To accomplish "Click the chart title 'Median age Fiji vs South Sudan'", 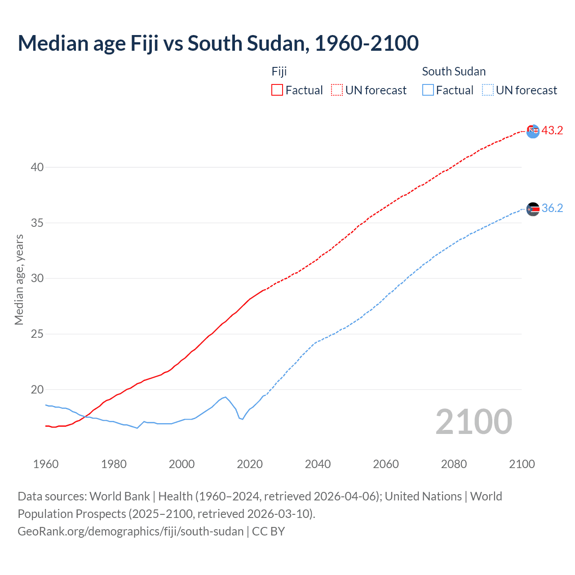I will pos(218,43).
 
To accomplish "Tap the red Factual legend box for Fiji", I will pos(277,90).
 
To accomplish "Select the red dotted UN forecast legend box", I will pos(337,90).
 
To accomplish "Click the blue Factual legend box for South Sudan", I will pos(428,90).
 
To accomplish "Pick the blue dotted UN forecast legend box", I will pos(488,90).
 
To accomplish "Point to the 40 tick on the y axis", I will pos(37,167).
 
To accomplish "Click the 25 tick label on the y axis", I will pos(37,334).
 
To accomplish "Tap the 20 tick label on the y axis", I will pos(37,389).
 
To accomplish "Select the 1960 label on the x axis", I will pos(46,464).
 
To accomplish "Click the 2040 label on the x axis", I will pos(318,464).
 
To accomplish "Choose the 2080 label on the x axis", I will pos(454,464).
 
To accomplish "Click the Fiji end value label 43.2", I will pos(552,131).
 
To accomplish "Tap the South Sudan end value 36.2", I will pos(552,208).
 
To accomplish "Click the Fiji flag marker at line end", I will pos(533,131).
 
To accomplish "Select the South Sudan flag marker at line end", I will pos(533,209).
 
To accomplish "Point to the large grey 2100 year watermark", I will pos(473,422).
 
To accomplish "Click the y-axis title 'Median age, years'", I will pos(19,279).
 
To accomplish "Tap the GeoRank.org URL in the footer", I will pos(130,531).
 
